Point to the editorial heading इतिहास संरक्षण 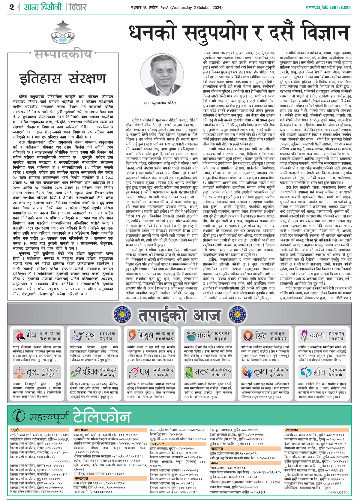coord(62,78)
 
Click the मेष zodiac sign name coord(31,335)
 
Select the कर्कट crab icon coord(190,335)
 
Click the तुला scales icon coord(19,372)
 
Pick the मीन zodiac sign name coord(319,372)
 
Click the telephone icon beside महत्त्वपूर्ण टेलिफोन coord(19,415)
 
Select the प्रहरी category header coord(15,430)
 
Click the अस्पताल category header coord(158,443)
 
